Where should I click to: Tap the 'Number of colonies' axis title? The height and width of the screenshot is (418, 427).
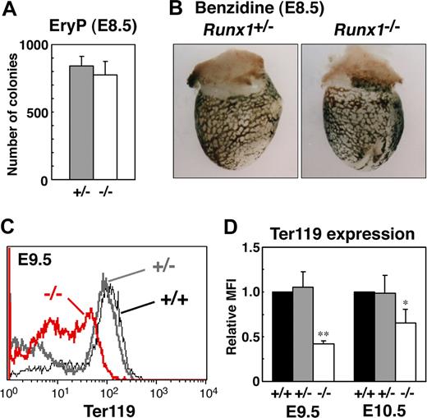point(13,111)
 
